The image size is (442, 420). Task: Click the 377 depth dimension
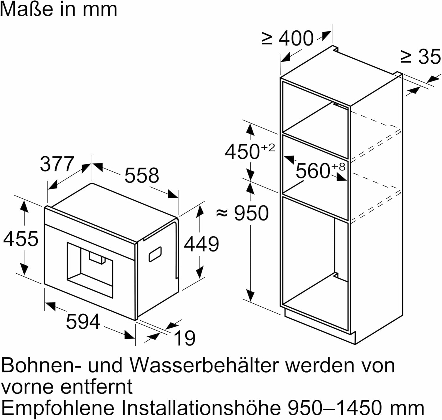[x=57, y=164]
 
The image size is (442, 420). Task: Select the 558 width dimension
[x=142, y=175]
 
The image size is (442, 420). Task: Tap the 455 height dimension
[x=21, y=239]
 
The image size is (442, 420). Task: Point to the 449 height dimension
[x=201, y=244]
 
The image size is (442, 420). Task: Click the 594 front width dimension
[x=83, y=322]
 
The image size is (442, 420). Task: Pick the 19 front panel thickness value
[x=184, y=338]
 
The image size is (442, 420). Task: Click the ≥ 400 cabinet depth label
[x=287, y=38]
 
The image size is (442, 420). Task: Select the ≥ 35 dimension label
[x=421, y=57]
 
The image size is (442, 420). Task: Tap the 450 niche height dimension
[x=242, y=152]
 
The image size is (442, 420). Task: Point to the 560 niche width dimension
[x=313, y=171]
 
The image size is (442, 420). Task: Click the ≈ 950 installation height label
[x=242, y=213]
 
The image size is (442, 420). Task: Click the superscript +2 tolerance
[x=268, y=148]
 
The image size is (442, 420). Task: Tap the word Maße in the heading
[x=27, y=9]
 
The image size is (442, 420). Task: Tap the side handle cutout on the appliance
[x=155, y=254]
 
